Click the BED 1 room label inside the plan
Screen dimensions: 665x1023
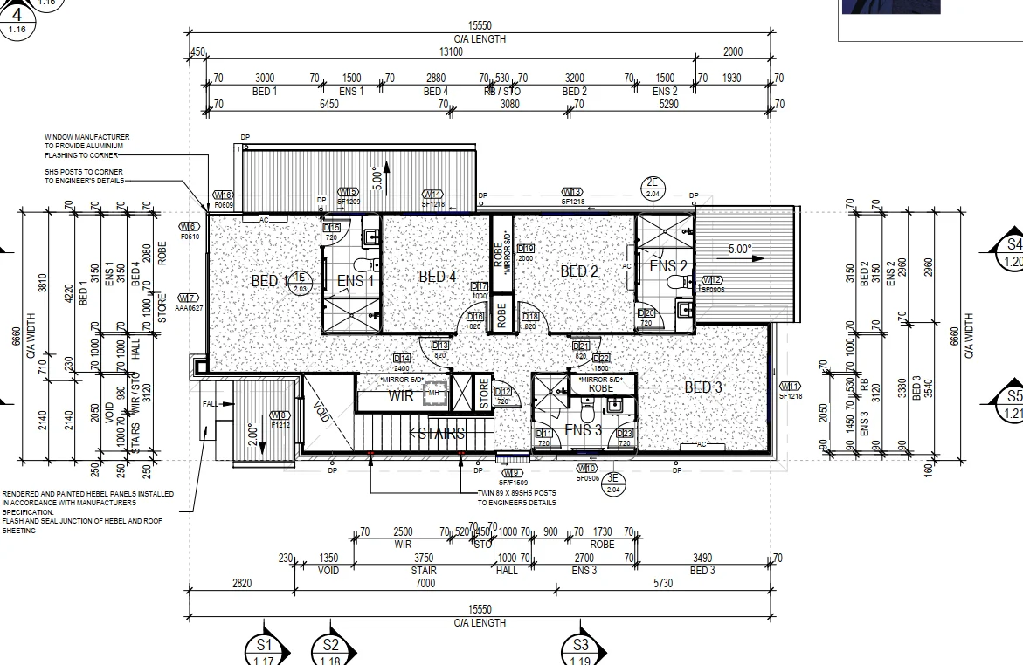click(x=269, y=281)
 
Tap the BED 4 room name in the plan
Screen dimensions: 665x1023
click(x=438, y=277)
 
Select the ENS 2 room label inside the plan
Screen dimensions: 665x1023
click(x=668, y=266)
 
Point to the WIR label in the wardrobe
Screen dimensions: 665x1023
click(x=400, y=395)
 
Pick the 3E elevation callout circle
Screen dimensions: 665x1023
click(x=613, y=483)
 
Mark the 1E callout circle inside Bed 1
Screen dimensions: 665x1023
click(x=301, y=282)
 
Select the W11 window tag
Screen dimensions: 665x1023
click(x=790, y=386)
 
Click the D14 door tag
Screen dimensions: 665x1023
click(x=402, y=358)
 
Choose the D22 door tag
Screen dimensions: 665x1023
click(x=601, y=358)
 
